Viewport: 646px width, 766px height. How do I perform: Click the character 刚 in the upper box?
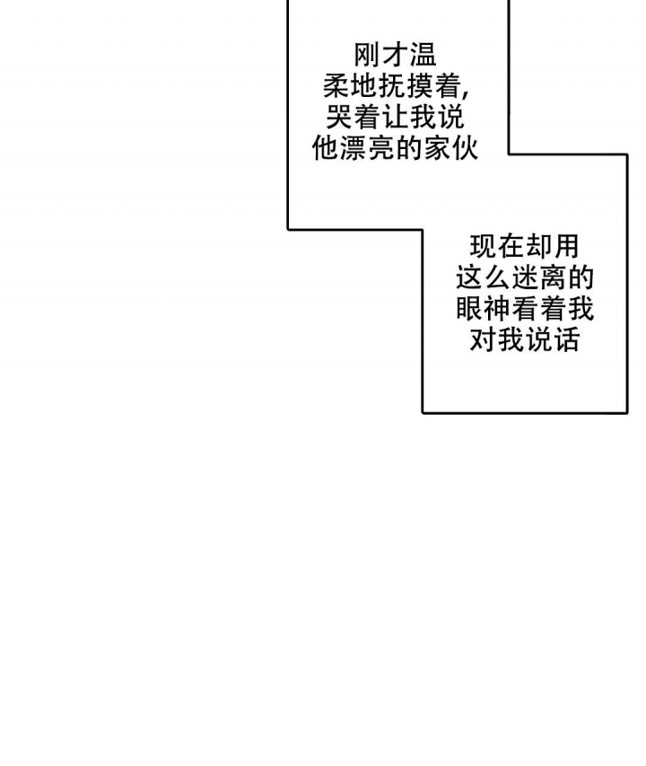[x=367, y=55]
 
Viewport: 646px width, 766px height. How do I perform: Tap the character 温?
[x=423, y=55]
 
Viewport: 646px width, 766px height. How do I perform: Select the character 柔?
[x=337, y=86]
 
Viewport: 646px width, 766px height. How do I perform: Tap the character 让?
[x=395, y=118]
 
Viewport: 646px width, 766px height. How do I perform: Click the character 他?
[x=326, y=148]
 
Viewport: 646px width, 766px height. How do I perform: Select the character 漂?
[x=354, y=148]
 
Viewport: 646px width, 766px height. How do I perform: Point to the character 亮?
[x=381, y=148]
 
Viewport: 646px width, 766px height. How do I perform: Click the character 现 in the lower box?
[x=483, y=247]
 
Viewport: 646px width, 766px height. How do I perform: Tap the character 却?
[x=538, y=247]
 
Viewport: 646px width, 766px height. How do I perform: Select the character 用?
[x=566, y=247]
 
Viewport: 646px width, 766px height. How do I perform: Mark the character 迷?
[x=525, y=278]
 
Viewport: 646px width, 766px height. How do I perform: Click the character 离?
[x=553, y=278]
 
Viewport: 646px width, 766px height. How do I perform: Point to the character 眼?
[x=469, y=309]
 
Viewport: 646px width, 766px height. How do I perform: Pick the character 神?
[x=497, y=309]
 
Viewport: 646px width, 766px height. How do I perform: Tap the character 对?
[x=483, y=340]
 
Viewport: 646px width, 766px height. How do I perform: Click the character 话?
[x=566, y=340]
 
